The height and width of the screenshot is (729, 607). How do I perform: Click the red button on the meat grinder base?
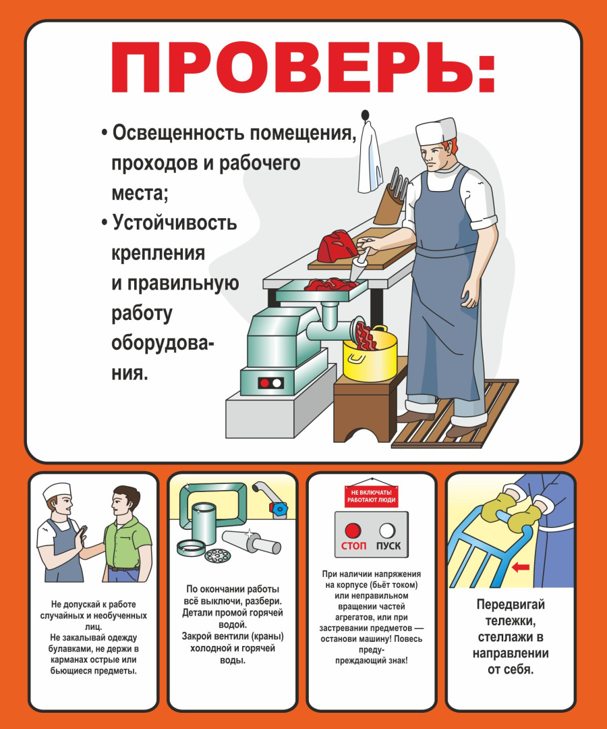(265, 383)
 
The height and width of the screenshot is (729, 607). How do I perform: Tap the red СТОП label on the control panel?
(353, 545)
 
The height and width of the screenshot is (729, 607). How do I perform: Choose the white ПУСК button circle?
(387, 530)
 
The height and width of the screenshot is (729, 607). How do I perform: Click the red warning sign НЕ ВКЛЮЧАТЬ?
(371, 496)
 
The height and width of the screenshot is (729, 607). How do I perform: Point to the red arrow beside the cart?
(520, 568)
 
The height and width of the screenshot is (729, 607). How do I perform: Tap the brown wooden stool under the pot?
(364, 405)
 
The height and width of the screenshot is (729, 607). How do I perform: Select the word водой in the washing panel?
(232, 625)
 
